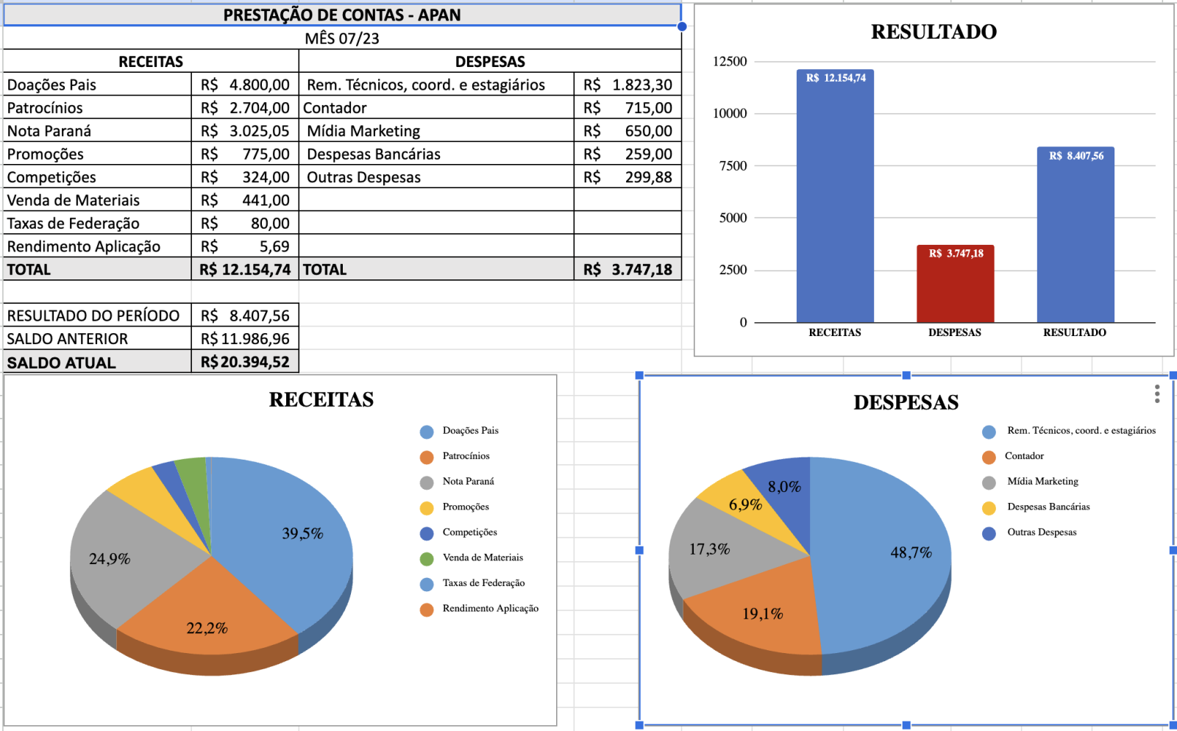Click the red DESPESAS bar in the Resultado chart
tap(955, 287)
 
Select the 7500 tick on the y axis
tap(733, 166)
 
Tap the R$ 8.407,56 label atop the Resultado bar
tap(1075, 156)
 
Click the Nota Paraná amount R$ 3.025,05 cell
tap(245, 131)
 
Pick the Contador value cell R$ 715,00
tap(627, 108)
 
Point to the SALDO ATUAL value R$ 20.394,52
tap(245, 362)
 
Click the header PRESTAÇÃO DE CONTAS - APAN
tap(342, 15)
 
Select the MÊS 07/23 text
tap(342, 38)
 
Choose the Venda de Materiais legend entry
tap(482, 557)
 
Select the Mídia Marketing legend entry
tap(1042, 481)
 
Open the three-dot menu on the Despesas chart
tap(1157, 394)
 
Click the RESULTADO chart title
tap(934, 32)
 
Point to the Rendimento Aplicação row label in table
tap(84, 246)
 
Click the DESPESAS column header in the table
tap(490, 62)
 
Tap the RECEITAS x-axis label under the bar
tap(834, 332)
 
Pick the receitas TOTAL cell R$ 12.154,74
tap(245, 269)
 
